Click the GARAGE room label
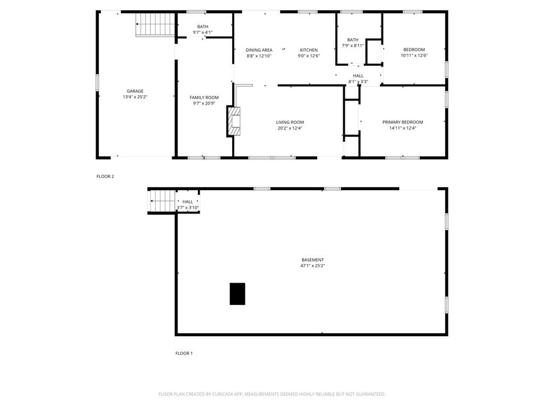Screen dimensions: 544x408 click(x=135, y=91)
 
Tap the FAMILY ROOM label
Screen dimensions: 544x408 click(x=204, y=98)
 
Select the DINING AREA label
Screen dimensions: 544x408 click(x=259, y=50)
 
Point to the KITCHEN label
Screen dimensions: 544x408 click(x=309, y=50)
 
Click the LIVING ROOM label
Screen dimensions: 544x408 click(x=290, y=122)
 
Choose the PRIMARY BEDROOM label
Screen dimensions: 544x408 click(x=403, y=122)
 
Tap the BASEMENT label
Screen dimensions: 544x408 click(x=312, y=260)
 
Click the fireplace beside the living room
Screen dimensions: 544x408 click(x=234, y=121)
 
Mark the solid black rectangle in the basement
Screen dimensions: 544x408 click(x=237, y=294)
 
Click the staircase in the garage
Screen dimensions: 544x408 click(x=155, y=24)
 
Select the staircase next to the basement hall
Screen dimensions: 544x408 click(x=162, y=201)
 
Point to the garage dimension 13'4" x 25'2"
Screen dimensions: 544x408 click(x=135, y=97)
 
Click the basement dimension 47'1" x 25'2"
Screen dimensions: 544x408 click(x=312, y=266)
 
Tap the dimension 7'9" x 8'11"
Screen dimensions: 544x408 click(x=353, y=46)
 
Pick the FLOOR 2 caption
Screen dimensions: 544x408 click(x=105, y=176)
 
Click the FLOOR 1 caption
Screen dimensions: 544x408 click(x=184, y=353)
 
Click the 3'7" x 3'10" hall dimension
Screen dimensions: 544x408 click(x=188, y=208)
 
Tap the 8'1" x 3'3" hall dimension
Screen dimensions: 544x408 click(x=359, y=82)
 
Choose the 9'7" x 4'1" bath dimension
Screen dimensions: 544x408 click(x=202, y=32)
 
